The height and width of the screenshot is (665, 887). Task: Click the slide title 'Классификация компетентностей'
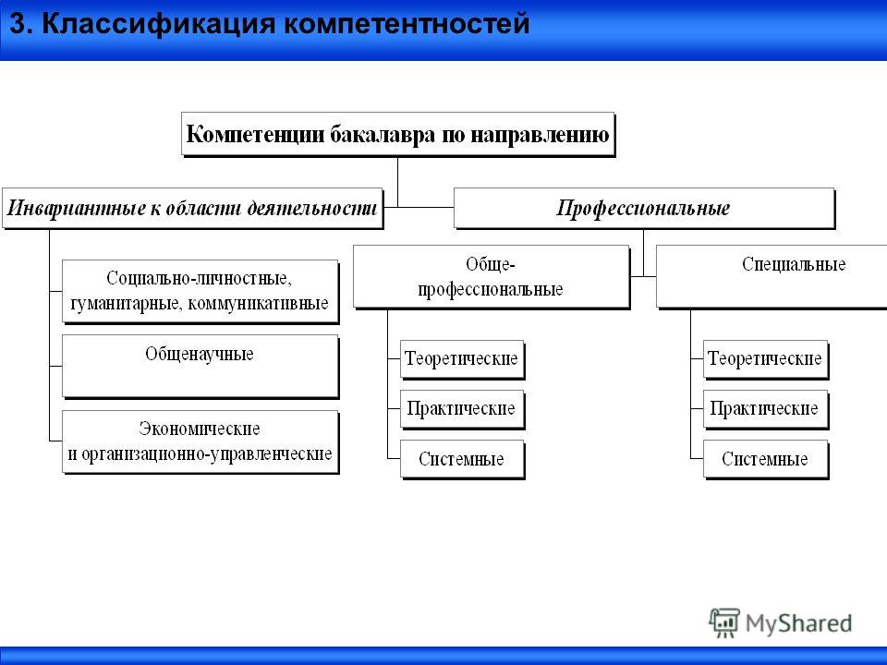coord(286,24)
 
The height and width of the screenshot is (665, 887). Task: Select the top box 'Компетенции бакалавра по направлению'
coord(397,135)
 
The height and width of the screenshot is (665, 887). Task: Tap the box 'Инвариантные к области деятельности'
coord(192,208)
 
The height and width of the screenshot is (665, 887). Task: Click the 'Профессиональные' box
coord(644,208)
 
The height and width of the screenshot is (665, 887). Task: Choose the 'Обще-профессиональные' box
coord(491,277)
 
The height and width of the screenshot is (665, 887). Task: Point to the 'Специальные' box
coord(772,277)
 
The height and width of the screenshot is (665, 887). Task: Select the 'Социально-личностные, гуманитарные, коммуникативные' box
coord(200,292)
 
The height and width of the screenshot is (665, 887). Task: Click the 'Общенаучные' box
coord(200,367)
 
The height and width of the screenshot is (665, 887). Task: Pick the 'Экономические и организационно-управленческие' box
coord(200,441)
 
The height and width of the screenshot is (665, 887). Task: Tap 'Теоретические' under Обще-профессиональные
coord(462,359)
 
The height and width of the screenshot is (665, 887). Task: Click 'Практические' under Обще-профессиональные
coord(462,409)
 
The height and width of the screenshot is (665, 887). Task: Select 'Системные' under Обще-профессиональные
coord(462,459)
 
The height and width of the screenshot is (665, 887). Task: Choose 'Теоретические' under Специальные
coord(765,359)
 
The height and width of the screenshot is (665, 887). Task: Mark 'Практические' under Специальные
coord(765,409)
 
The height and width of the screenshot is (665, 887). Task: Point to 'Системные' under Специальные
coord(765,459)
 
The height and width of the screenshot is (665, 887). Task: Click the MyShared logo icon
coord(724,623)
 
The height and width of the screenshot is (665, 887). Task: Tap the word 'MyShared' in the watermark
coord(798,623)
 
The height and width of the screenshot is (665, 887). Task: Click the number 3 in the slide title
coord(18,24)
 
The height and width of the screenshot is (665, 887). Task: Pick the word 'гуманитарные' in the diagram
coord(126,304)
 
